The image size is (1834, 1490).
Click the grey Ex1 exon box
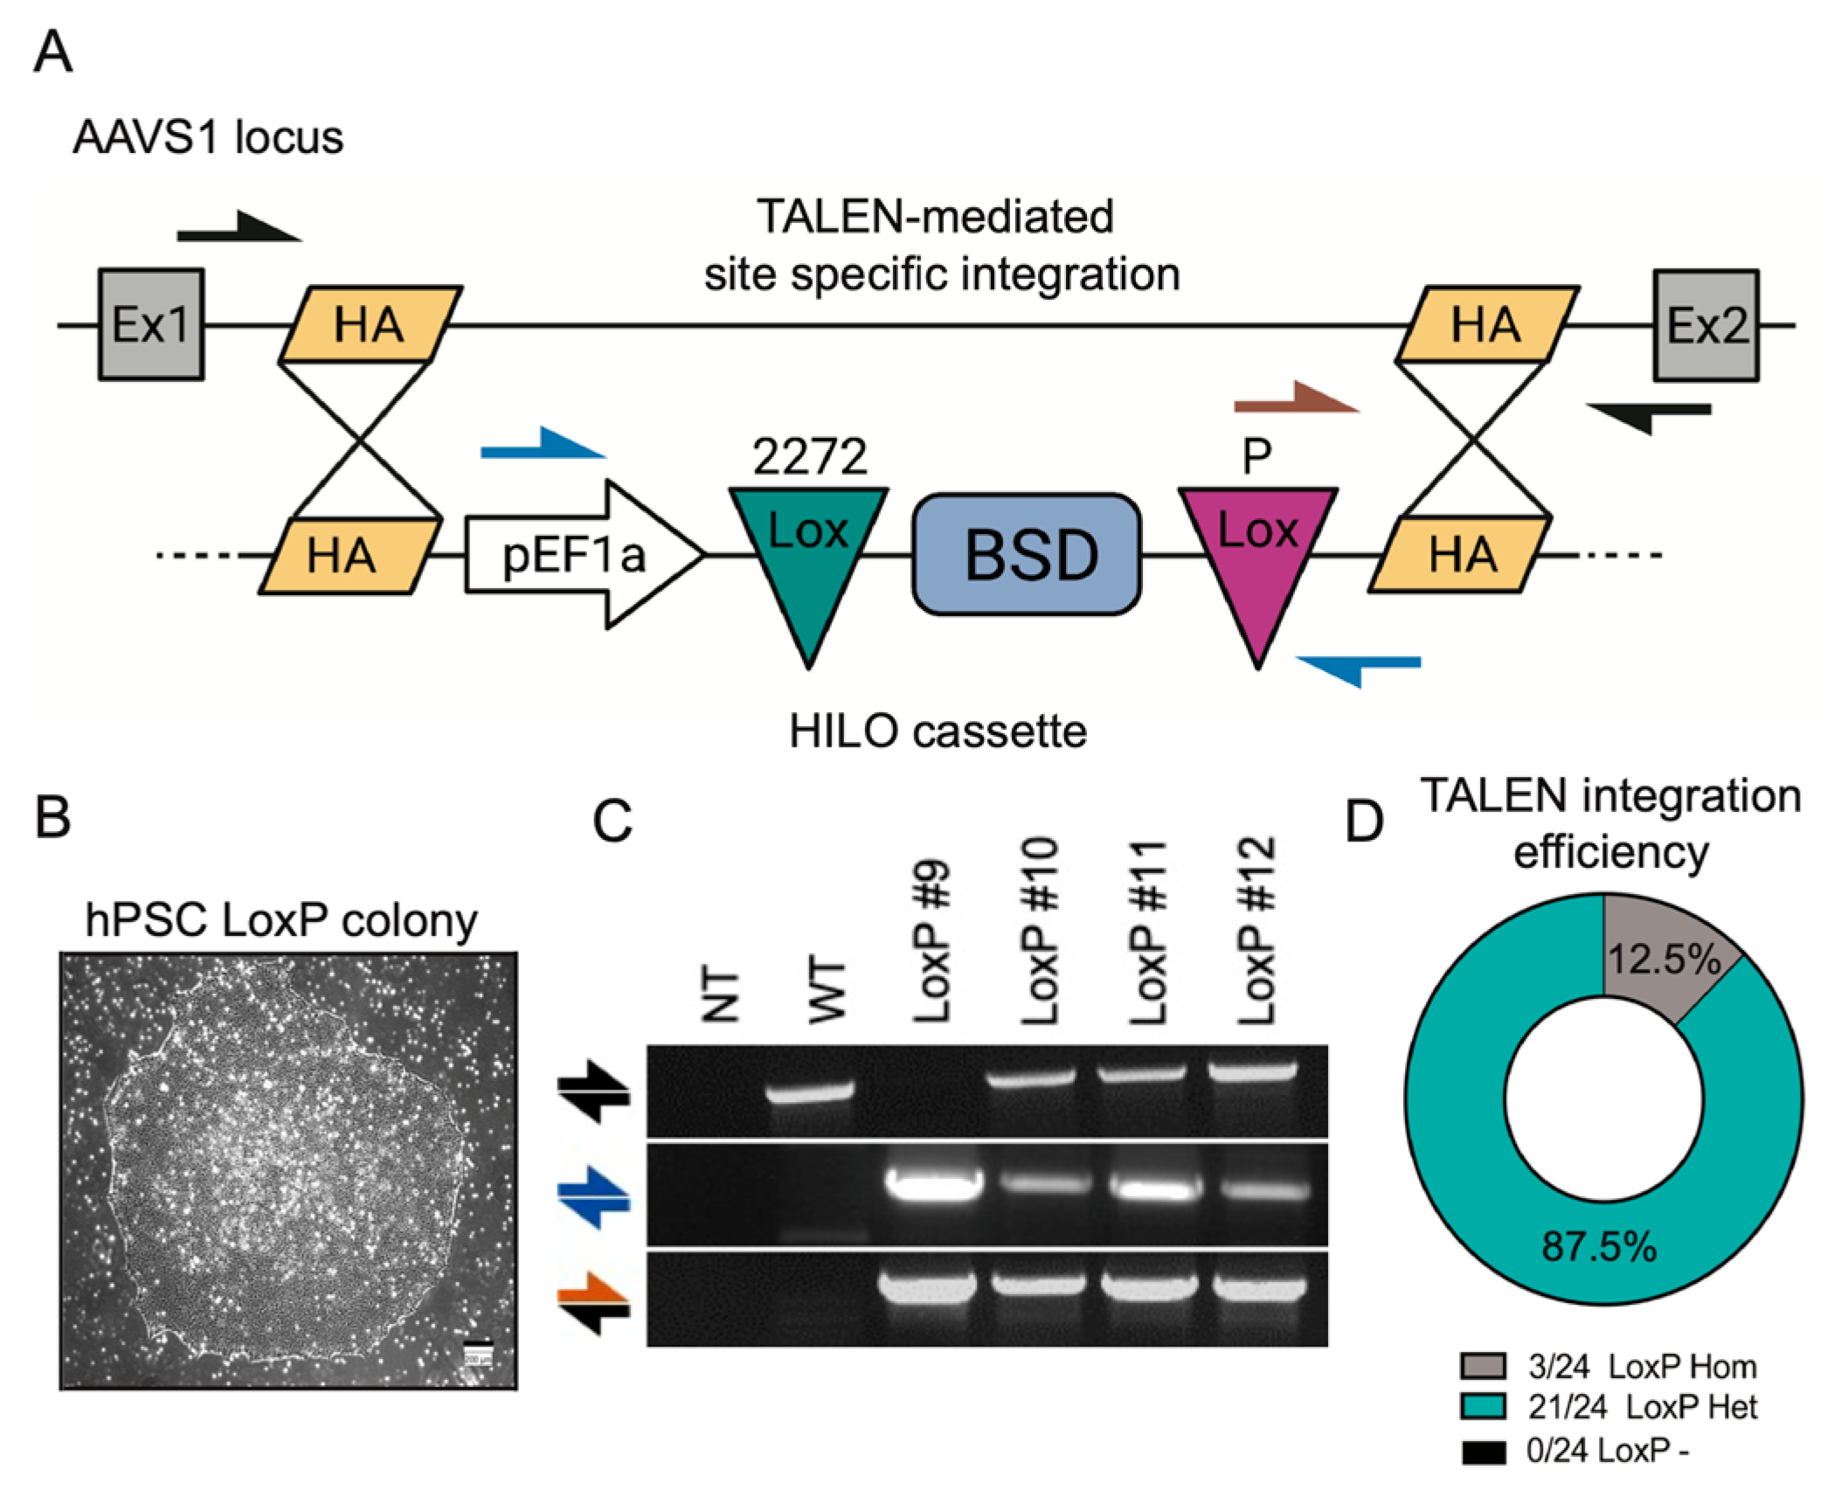151,324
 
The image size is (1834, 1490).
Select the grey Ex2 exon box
1705,325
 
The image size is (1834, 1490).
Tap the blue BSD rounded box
1027,554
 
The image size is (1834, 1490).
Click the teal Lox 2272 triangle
808,551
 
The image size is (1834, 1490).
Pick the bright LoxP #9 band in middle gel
933,1185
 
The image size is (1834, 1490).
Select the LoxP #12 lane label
1257,932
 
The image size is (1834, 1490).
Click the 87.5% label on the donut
1598,1246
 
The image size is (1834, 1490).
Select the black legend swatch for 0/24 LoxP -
1483,1452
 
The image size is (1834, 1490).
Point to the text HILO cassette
937,731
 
